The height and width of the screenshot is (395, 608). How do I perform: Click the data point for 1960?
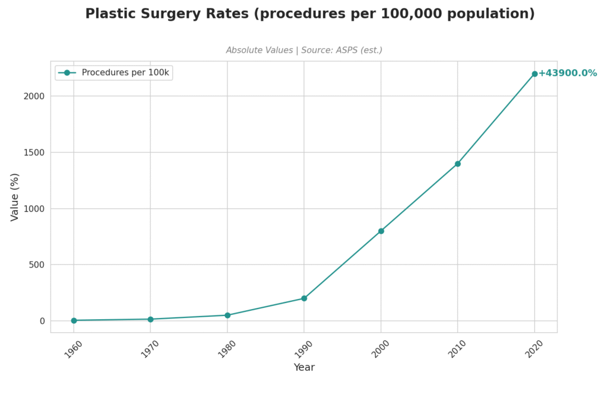coord(74,320)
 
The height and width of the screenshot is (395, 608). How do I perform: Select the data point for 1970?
coord(150,319)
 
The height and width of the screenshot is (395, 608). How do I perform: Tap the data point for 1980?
coord(227,315)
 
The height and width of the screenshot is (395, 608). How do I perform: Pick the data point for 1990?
coord(304,298)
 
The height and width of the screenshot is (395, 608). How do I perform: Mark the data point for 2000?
coord(381,231)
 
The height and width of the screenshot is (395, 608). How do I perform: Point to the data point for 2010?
coord(458,164)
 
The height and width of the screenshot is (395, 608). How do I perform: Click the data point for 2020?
coord(534,74)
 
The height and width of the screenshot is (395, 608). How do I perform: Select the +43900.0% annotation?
coord(567,73)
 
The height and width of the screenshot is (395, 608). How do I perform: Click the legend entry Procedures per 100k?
coord(126,72)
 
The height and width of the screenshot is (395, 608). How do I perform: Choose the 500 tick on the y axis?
coord(39,265)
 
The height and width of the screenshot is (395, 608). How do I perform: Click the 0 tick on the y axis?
coord(43,321)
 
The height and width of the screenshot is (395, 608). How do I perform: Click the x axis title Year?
coord(304,368)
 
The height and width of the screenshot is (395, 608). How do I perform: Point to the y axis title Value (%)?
coord(15,197)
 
